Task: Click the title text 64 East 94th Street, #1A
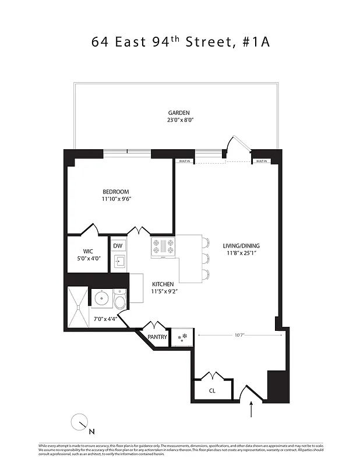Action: (x=180, y=42)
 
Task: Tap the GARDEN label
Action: (x=179, y=113)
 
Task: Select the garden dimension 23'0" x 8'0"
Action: (x=179, y=121)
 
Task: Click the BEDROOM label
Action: (x=116, y=192)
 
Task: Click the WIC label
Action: (x=88, y=252)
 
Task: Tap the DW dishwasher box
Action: (x=118, y=246)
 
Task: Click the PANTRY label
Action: (x=157, y=337)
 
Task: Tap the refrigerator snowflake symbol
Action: (x=185, y=337)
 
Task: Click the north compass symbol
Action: (x=80, y=423)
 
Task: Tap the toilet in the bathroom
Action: (x=121, y=301)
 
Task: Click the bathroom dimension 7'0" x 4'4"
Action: (x=105, y=319)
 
